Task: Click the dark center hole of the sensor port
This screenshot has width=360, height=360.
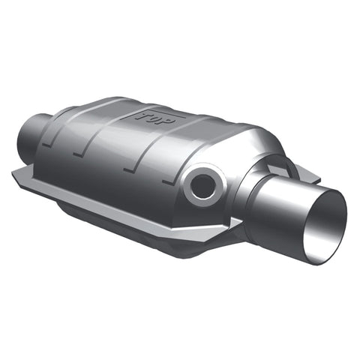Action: click(202, 186)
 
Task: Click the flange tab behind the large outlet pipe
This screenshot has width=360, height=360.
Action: click(307, 174)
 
